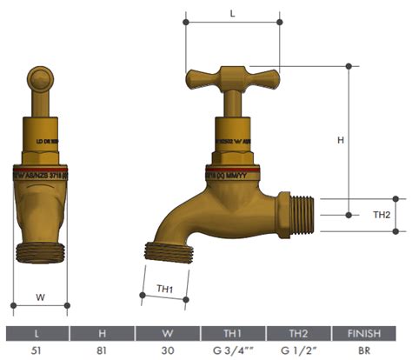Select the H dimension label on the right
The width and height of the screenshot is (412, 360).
click(x=341, y=139)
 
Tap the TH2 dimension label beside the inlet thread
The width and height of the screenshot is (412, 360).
click(x=381, y=215)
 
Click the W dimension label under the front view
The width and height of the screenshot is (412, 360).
click(x=40, y=297)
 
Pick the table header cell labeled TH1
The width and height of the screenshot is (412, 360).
click(x=232, y=333)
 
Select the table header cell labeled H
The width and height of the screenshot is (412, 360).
click(x=103, y=333)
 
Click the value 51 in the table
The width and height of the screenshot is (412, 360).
click(x=37, y=350)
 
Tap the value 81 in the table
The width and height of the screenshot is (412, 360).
click(x=103, y=350)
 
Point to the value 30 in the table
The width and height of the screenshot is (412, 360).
click(x=167, y=350)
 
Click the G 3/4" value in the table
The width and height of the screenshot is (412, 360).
click(x=232, y=350)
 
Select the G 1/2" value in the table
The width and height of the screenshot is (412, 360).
click(x=297, y=350)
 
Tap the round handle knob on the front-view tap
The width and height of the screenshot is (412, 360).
click(x=40, y=84)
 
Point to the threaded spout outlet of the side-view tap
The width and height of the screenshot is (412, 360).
click(x=163, y=251)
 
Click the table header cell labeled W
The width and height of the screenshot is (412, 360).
click(x=167, y=333)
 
